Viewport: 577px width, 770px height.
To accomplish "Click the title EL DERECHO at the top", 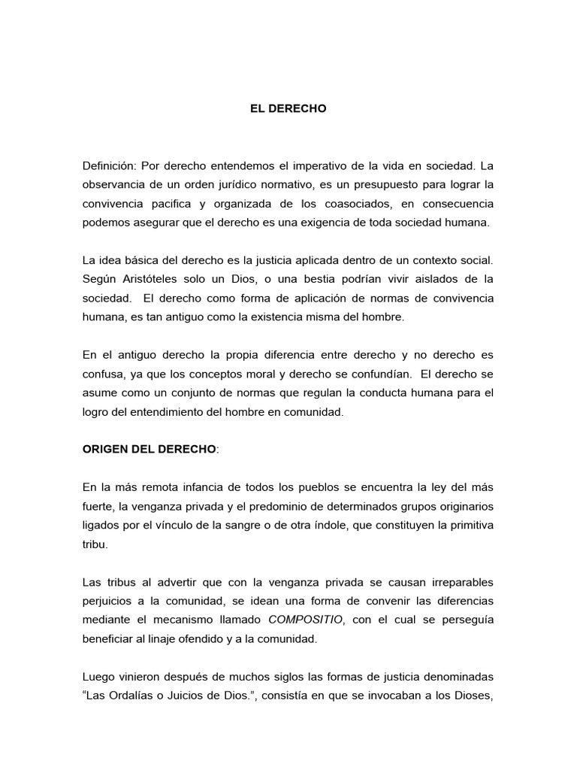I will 288,108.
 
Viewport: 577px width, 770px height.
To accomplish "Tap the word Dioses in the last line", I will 471,696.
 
